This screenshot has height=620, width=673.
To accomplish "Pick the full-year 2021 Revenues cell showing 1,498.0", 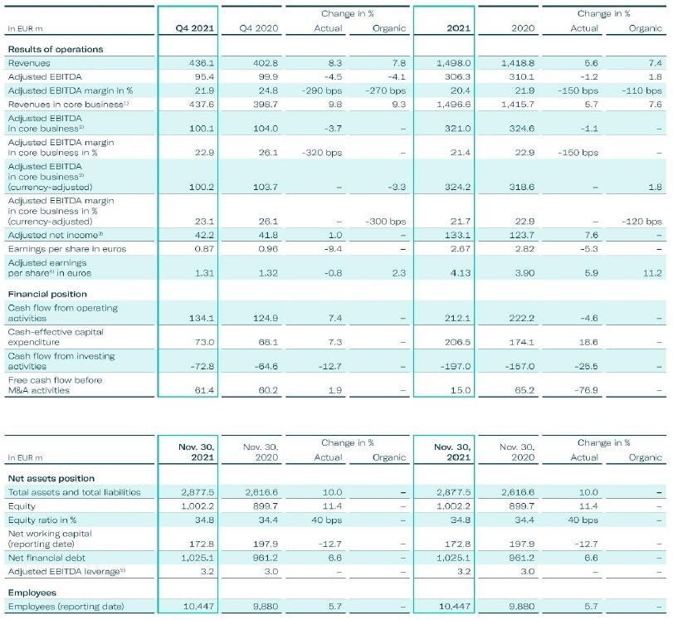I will (x=455, y=63).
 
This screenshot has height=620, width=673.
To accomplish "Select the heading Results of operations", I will (x=56, y=49).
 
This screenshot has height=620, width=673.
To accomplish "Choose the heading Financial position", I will (x=47, y=294).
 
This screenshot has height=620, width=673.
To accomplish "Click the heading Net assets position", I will (x=51, y=478).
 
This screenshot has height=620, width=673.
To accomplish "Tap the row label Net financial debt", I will (x=46, y=558).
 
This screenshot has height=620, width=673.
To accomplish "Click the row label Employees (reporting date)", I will (x=66, y=606).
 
